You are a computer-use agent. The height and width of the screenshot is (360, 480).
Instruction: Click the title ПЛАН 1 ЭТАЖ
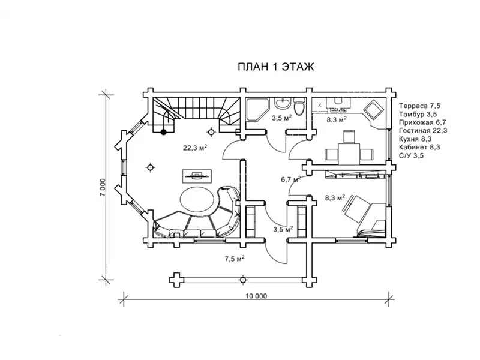click(276, 67)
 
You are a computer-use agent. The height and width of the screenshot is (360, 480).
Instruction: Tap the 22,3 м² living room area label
click(195, 148)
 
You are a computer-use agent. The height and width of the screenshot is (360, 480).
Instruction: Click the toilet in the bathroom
click(299, 107)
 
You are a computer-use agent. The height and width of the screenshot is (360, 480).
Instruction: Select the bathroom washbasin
click(283, 103)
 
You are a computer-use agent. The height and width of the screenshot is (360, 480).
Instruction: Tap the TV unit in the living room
click(197, 176)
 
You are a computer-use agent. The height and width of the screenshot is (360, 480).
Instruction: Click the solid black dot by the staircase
click(164, 132)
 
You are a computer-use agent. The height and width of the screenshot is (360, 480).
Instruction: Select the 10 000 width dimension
click(256, 296)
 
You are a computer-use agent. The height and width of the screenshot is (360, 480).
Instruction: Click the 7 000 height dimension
click(103, 187)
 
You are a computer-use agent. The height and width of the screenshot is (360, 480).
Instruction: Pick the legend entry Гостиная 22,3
click(423, 131)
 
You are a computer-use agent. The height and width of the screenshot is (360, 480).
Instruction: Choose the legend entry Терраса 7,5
click(419, 106)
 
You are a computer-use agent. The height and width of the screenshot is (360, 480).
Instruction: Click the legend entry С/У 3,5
click(412, 155)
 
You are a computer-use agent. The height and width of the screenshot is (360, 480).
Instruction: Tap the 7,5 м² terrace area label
click(235, 259)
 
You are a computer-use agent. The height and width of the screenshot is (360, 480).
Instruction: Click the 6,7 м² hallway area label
click(291, 179)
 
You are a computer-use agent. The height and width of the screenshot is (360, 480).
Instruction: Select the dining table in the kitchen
click(349, 154)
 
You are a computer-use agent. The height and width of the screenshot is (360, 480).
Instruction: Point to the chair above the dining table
click(349, 137)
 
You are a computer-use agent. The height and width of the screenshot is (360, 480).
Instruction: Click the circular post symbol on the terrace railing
click(243, 280)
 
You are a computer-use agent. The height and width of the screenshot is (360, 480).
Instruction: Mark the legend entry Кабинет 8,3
click(419, 147)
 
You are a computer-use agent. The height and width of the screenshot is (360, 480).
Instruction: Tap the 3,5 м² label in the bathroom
click(281, 118)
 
